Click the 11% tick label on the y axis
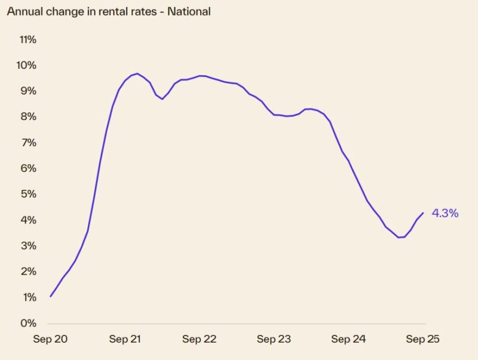(27, 39)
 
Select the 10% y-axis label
(27, 65)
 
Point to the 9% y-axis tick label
(29, 91)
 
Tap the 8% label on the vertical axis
(29, 117)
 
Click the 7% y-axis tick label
(29, 143)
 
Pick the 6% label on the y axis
(29, 168)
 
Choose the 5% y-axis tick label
(29, 194)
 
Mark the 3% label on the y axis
(29, 246)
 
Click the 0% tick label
(29, 324)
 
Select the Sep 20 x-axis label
(50, 339)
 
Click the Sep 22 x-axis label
(200, 339)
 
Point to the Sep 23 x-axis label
(274, 339)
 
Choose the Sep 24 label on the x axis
(348, 339)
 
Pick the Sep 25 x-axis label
(423, 339)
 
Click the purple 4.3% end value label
(445, 213)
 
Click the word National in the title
(190, 11)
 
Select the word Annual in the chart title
(23, 11)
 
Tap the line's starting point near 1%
(50, 297)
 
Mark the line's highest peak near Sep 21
(137, 73)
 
